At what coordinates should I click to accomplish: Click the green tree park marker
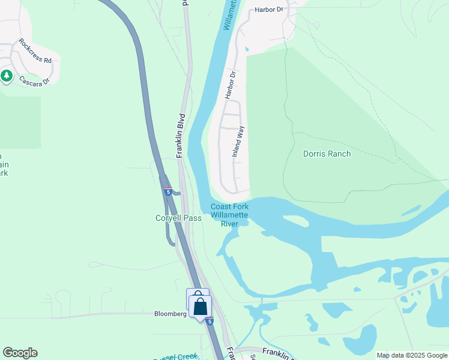coord(7,76)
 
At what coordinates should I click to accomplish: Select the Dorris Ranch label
coord(327,154)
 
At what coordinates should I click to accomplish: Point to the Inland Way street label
coord(239,142)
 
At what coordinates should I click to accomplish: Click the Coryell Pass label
coord(179,218)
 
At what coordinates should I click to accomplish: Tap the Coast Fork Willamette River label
coord(230,215)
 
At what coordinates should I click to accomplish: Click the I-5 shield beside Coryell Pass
coord(168,191)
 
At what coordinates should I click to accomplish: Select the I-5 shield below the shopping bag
coord(209,322)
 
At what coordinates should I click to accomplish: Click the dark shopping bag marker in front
coord(200,307)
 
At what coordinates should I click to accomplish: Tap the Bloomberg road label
coord(172,313)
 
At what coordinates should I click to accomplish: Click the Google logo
coord(20,353)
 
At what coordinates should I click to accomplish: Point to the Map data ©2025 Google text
coord(412,355)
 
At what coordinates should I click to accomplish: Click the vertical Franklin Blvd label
coord(179,136)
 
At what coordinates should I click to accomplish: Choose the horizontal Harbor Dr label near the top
coord(268,10)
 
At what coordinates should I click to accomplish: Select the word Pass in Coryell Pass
coord(193,218)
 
